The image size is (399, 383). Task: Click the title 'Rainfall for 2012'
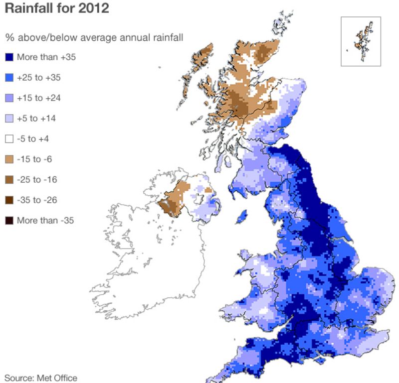pos(57,9)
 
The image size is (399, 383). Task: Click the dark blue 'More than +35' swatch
pos(9,57)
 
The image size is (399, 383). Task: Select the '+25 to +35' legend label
pos(39,78)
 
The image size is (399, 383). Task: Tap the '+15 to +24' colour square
pos(9,98)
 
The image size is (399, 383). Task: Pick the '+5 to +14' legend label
pos(37,119)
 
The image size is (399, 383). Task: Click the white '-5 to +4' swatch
pos(9,139)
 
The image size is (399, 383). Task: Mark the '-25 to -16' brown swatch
pos(9,179)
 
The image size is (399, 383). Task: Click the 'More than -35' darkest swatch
pos(9,220)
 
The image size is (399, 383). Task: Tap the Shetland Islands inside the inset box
pos(360,40)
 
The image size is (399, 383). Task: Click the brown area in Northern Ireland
pos(175,197)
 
